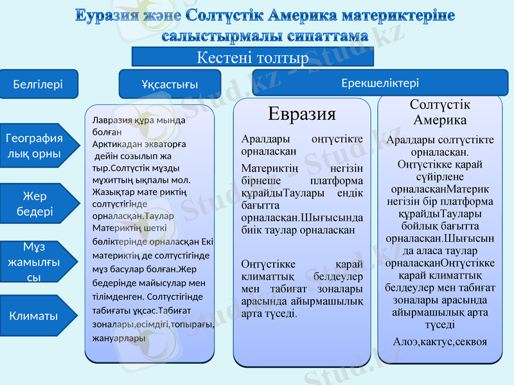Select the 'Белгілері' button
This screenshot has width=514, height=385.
38,84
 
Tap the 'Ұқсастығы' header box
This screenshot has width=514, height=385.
170,84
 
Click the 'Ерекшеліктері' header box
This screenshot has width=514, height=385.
380,83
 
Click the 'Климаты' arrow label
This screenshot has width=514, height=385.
33,316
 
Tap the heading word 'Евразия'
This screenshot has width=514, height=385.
301,114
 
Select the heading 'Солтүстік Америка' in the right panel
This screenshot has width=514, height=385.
439,112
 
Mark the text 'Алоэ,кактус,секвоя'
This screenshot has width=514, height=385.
439,342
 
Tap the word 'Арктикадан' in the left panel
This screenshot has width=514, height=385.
118,144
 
